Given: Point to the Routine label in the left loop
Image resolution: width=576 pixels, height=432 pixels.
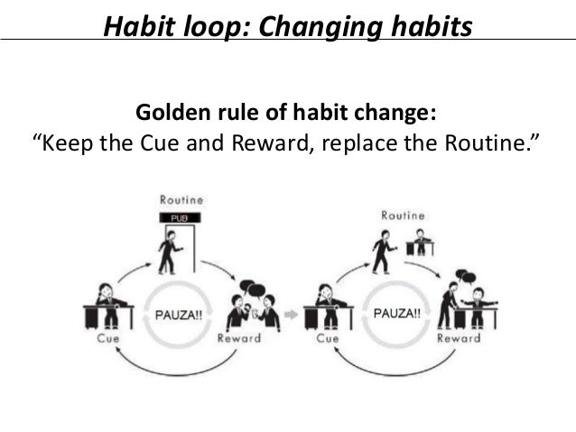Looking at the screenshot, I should tap(181, 198).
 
